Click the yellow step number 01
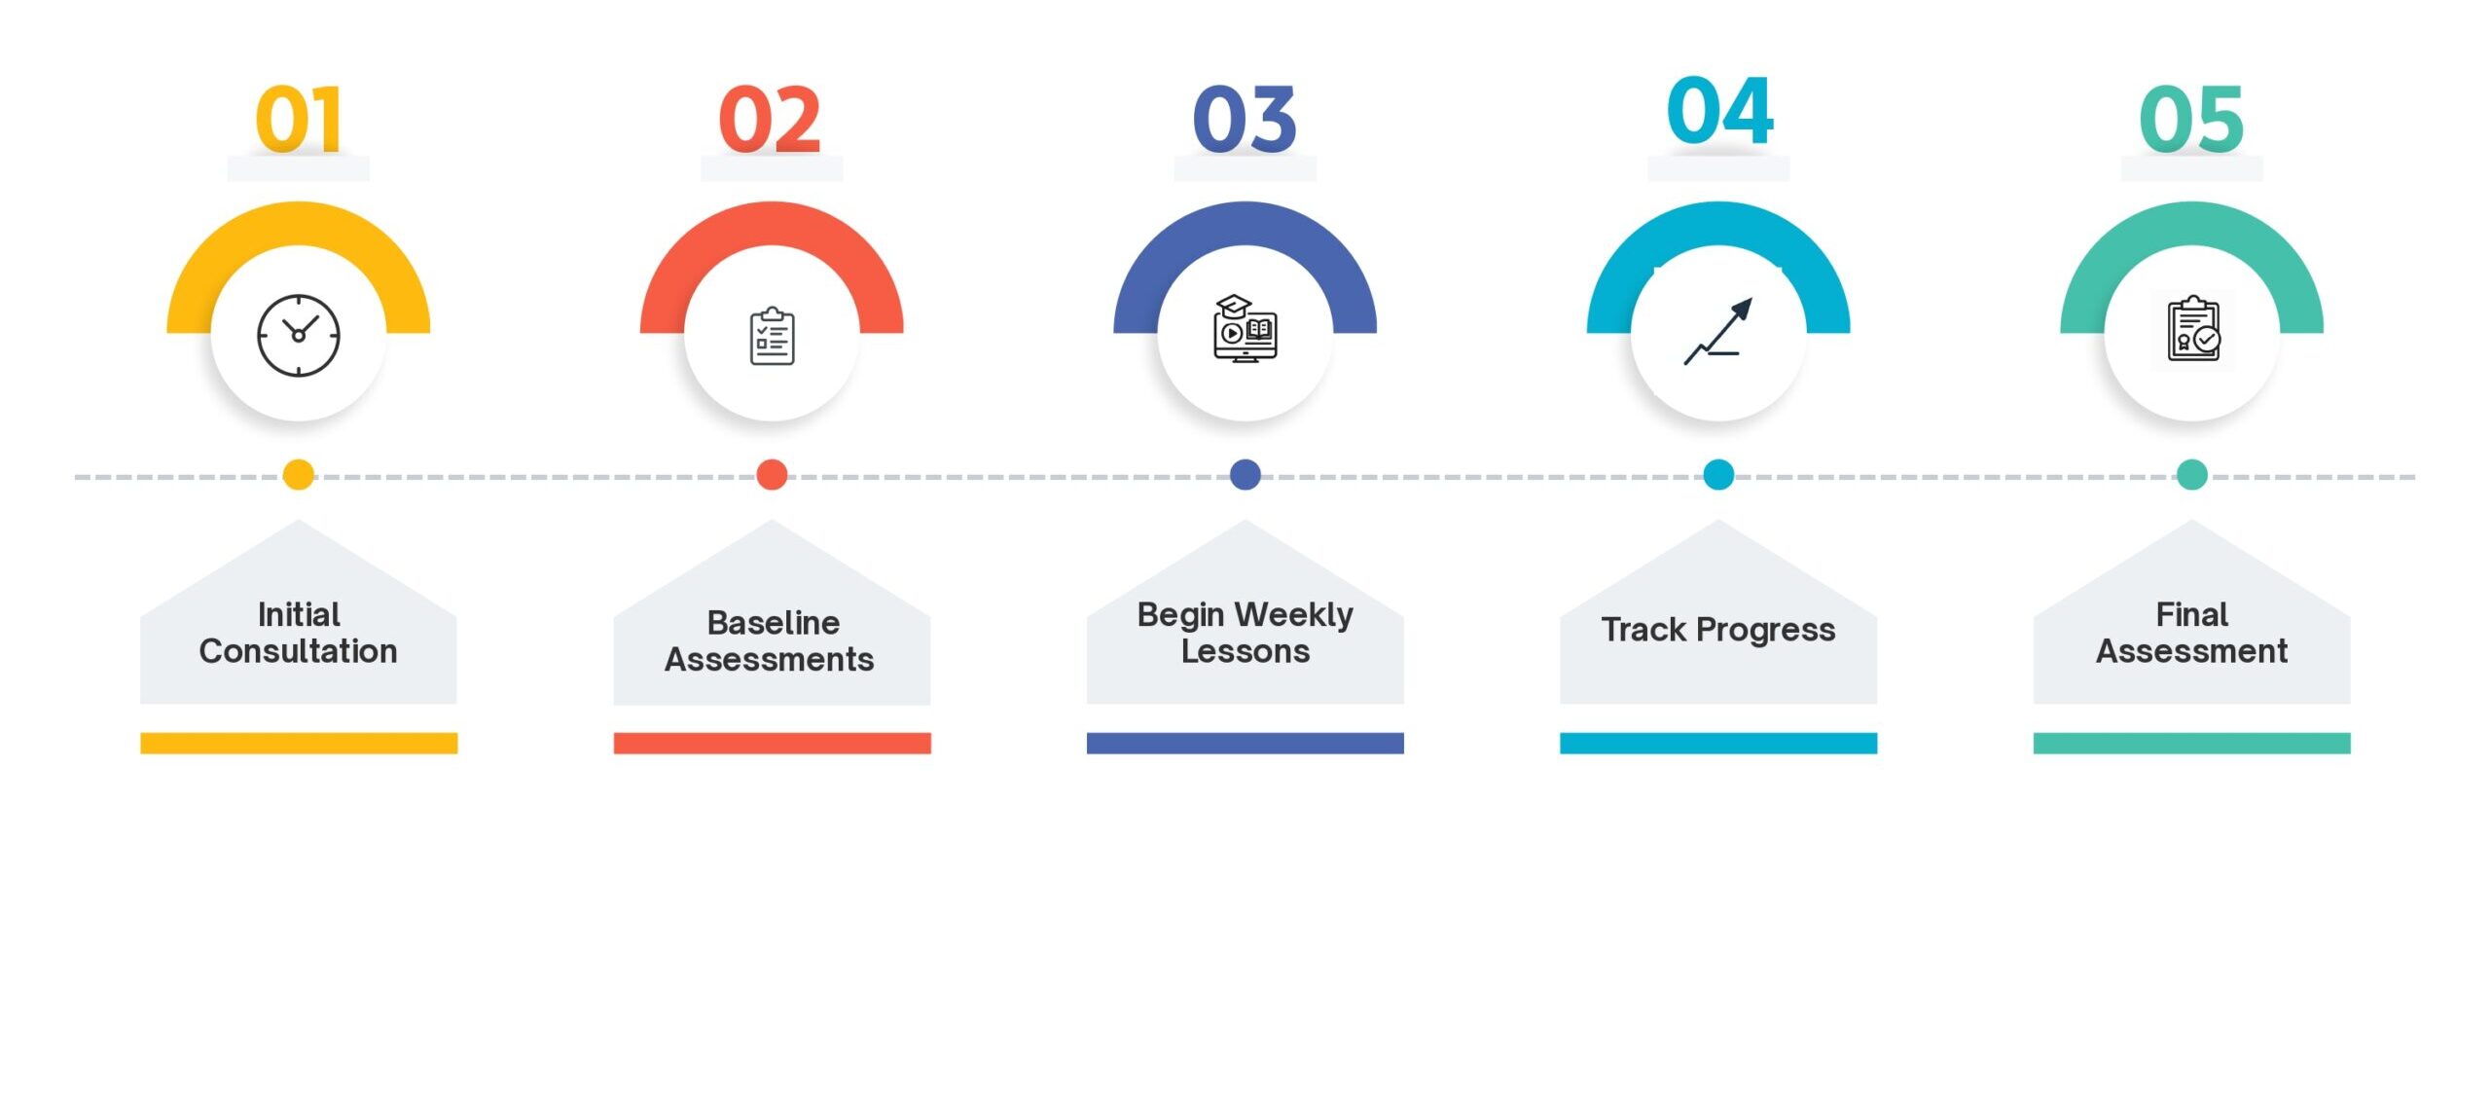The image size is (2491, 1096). click(x=298, y=119)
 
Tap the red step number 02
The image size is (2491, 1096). click(x=770, y=119)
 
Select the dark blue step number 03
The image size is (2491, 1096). click(x=1245, y=119)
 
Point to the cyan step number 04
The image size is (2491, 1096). click(x=1719, y=110)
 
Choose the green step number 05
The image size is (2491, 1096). click(x=2191, y=119)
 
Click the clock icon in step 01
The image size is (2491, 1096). click(x=299, y=335)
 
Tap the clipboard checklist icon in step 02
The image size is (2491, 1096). click(x=772, y=336)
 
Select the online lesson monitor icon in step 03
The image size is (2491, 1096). click(x=1245, y=329)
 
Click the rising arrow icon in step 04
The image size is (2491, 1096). click(x=1718, y=331)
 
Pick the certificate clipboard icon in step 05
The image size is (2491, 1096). click(x=2193, y=329)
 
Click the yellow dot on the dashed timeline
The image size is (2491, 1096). click(x=299, y=475)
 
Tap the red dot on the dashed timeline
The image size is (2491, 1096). click(x=772, y=475)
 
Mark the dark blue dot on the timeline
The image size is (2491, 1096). click(x=1245, y=475)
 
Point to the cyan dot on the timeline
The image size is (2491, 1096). click(x=1718, y=475)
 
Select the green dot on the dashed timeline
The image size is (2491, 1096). click(x=2191, y=475)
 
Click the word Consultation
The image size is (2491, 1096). click(x=298, y=651)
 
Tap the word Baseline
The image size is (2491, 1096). click(x=774, y=622)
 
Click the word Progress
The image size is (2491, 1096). click(x=1765, y=632)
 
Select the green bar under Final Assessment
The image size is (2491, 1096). click(x=2191, y=743)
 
